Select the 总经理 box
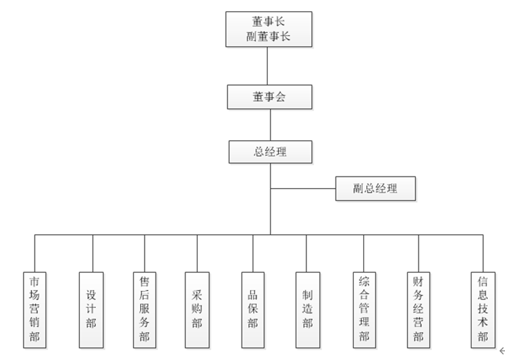point(270,152)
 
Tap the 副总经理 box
point(375,189)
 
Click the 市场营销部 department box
point(34,310)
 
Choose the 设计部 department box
point(91,310)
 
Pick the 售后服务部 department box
point(145,310)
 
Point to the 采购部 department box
point(197,310)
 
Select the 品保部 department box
point(252,310)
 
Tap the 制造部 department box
point(308,310)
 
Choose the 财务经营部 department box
point(418,310)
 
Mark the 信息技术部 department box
point(483,310)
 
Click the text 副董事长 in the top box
point(269,37)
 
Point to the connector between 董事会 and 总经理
point(270,125)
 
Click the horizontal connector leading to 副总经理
point(303,189)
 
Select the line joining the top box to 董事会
point(268,66)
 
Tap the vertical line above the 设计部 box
point(93,253)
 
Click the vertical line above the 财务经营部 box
point(418,253)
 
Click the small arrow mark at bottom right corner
point(501,350)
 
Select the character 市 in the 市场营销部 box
point(34,282)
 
